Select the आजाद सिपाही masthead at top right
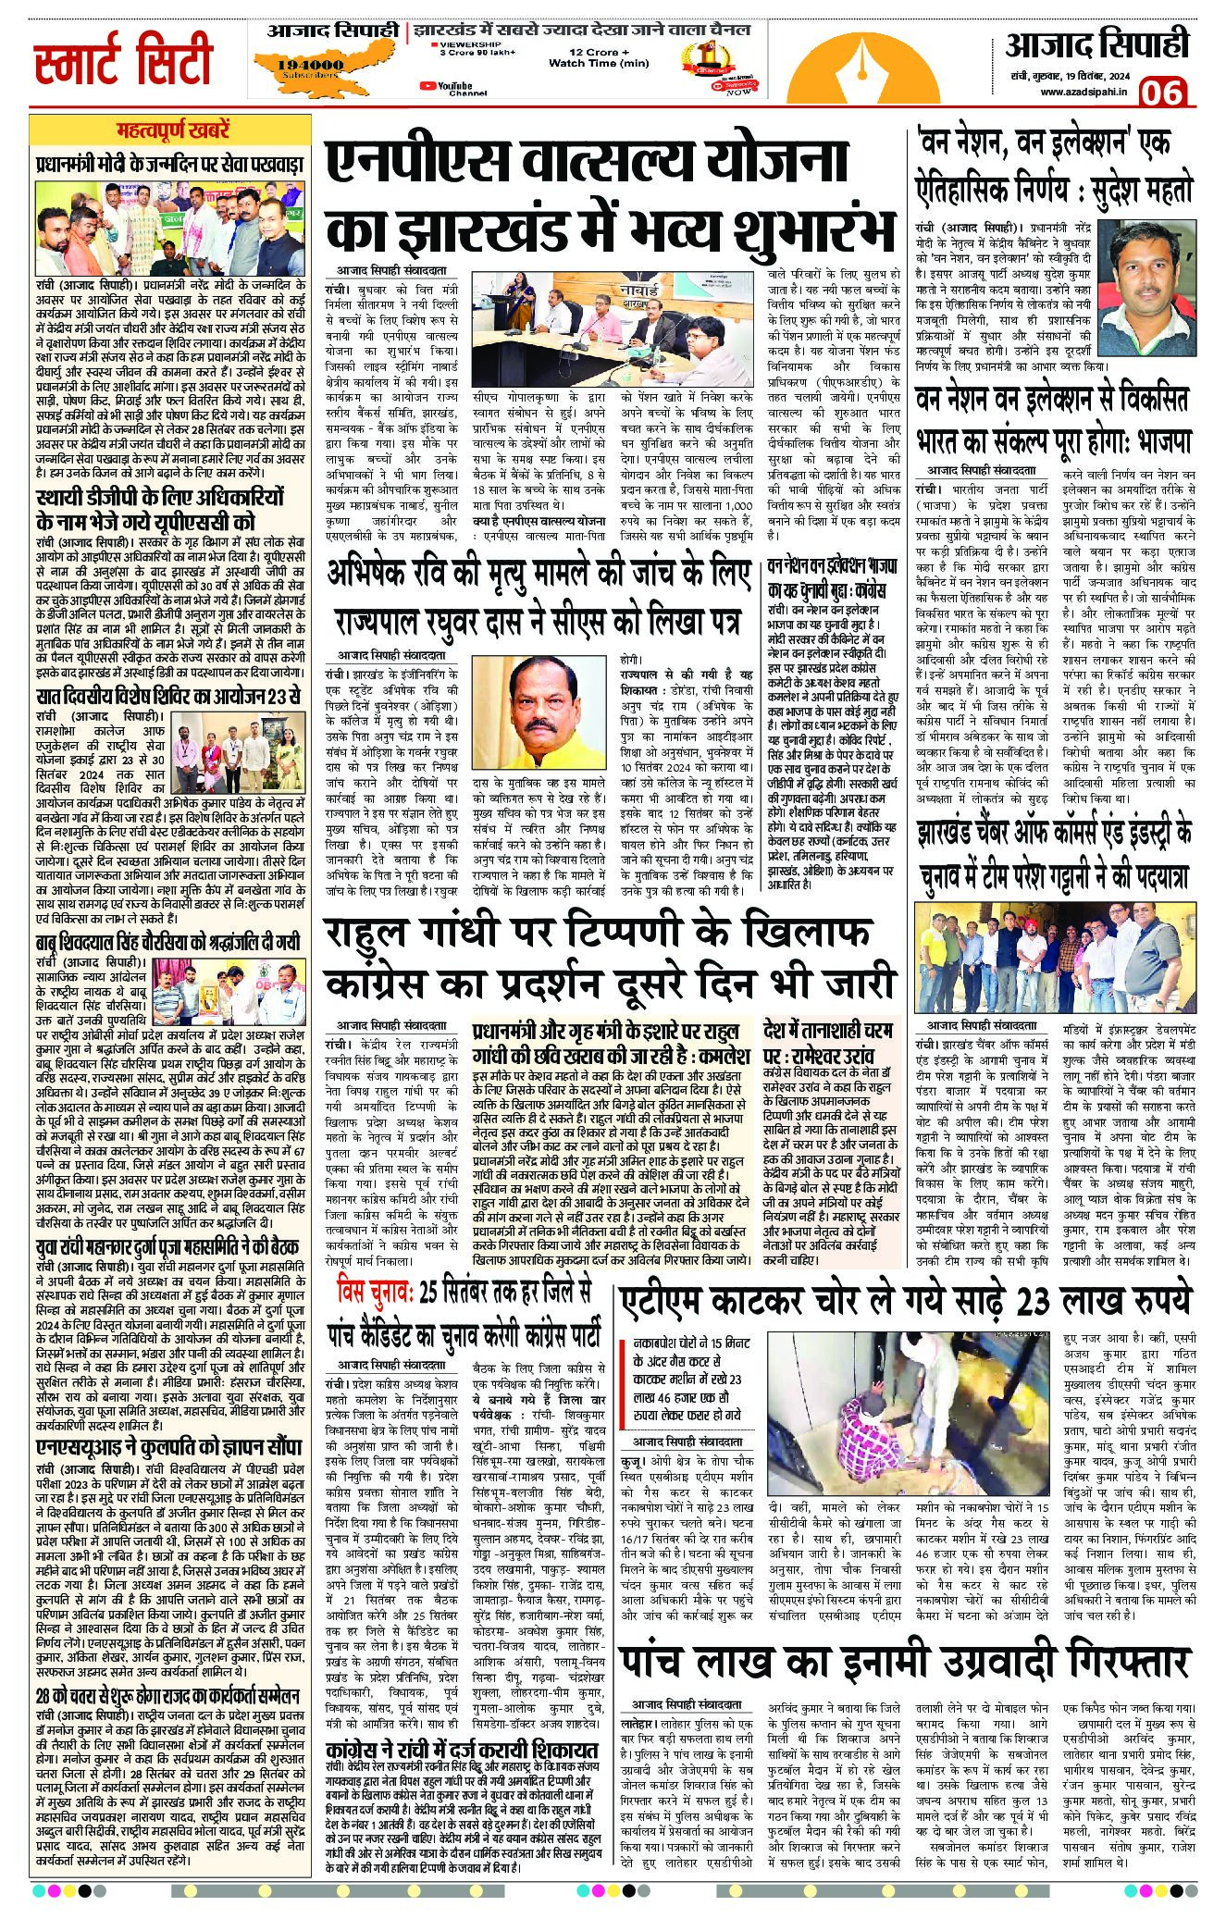(1096, 43)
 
